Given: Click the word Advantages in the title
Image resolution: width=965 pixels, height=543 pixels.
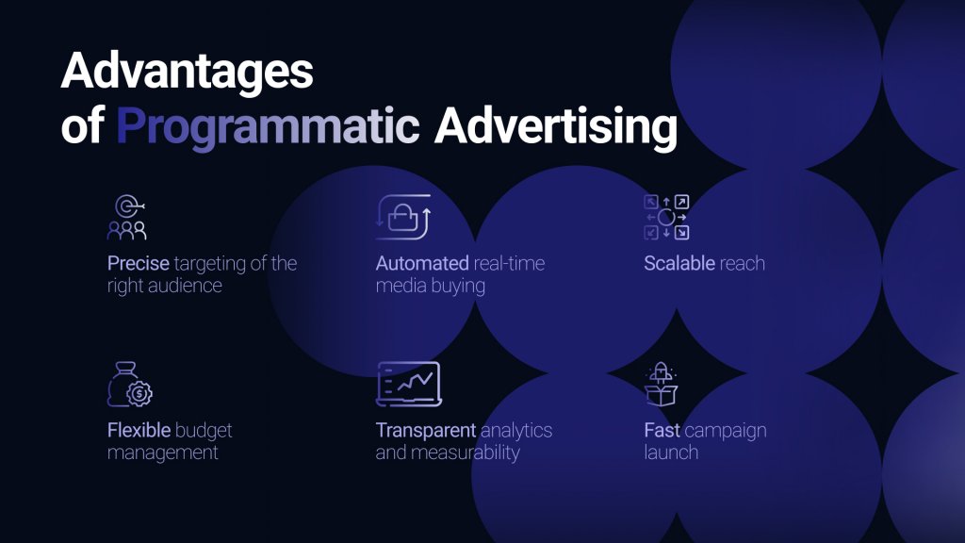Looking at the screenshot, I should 187,73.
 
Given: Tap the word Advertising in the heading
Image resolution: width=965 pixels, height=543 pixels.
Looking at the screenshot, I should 555,126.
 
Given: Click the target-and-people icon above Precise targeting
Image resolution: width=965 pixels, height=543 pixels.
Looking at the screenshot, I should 126,218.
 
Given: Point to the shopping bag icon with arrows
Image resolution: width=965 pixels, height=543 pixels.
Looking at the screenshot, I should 402,218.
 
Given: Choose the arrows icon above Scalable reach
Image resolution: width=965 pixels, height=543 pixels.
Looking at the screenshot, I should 666,218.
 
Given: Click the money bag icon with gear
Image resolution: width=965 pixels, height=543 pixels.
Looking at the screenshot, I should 129,385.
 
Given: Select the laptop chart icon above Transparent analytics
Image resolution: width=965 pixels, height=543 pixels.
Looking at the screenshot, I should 408,384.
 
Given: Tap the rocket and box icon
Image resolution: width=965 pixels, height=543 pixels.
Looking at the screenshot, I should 662,384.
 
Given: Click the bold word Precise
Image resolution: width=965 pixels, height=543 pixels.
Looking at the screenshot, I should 137,264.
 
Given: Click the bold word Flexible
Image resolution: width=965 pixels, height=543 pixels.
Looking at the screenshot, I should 139,431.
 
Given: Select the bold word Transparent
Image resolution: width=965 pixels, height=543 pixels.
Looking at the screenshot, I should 426,431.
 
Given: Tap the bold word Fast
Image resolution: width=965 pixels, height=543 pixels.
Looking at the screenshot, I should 662,431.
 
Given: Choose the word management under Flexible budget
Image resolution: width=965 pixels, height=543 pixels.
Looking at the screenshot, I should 163,452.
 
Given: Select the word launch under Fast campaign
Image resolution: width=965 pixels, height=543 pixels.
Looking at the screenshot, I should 671,452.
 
